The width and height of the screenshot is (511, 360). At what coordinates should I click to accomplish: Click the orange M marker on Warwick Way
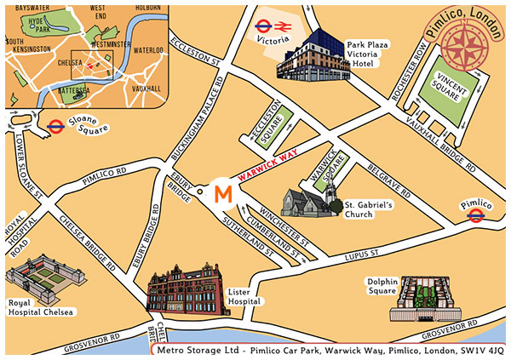222,193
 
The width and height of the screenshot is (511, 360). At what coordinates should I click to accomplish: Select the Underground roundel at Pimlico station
477,217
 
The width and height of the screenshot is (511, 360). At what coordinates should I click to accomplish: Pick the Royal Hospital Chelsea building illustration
37,280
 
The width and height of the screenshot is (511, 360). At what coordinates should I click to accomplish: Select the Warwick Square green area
329,168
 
